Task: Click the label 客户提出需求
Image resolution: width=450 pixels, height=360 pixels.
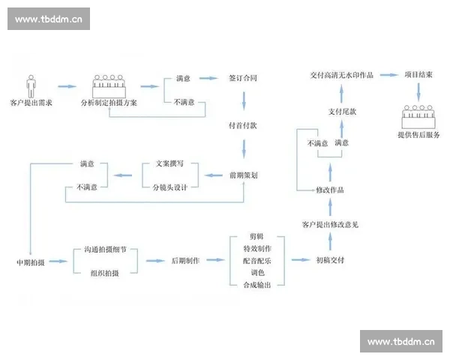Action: (31, 101)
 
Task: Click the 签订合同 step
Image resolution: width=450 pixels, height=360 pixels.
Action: (242, 78)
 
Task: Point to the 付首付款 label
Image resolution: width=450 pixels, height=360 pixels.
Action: (242, 125)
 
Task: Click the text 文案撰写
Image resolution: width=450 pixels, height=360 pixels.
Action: (169, 163)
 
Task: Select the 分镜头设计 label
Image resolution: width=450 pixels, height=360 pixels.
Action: (169, 187)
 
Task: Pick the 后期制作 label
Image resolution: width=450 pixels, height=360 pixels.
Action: (185, 261)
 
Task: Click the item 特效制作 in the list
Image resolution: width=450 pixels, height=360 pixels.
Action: (257, 248)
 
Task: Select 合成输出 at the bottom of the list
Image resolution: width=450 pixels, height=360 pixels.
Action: (257, 285)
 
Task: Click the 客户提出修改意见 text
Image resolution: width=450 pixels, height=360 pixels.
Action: (330, 224)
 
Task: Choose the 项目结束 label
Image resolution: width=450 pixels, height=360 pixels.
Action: (419, 75)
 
